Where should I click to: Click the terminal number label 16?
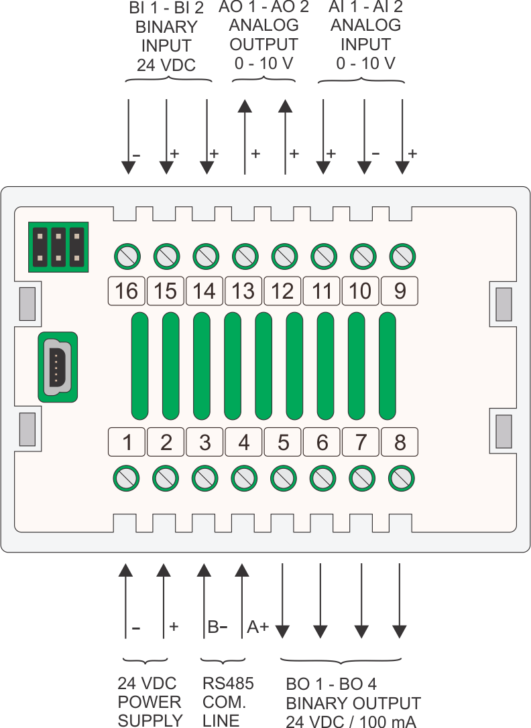127,291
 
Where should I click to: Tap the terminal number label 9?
400,291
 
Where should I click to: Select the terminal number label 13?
243,291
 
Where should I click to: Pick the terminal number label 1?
127,442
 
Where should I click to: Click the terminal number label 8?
400,442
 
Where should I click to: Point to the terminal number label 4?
243,442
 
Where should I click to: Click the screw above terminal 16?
127,257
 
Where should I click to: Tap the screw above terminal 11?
324,257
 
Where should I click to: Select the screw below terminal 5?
283,478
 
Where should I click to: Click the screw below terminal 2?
166,478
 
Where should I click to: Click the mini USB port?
58,367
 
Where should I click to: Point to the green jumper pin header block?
58,247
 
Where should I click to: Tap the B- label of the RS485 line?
217,627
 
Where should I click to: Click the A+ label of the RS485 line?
257,627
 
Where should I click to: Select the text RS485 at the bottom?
229,683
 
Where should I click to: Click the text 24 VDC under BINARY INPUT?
166,65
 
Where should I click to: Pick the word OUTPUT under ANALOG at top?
263,45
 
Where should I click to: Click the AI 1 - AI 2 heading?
365,7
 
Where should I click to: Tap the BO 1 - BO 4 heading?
331,684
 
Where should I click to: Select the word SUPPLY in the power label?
150,721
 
